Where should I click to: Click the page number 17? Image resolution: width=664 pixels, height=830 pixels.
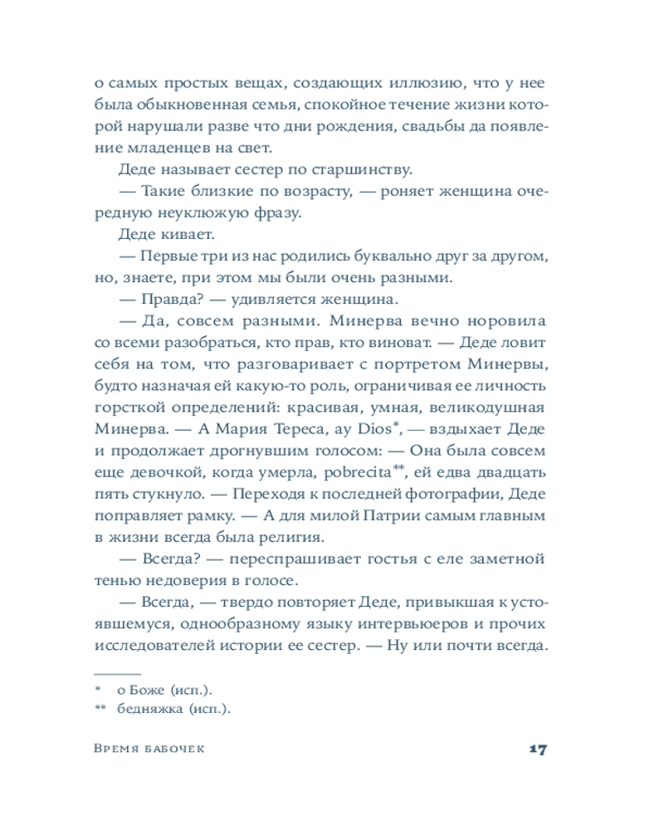pos(536,749)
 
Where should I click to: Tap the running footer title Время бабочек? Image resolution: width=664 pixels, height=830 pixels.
pos(150,749)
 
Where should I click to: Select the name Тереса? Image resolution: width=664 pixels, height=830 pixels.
pos(271,429)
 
